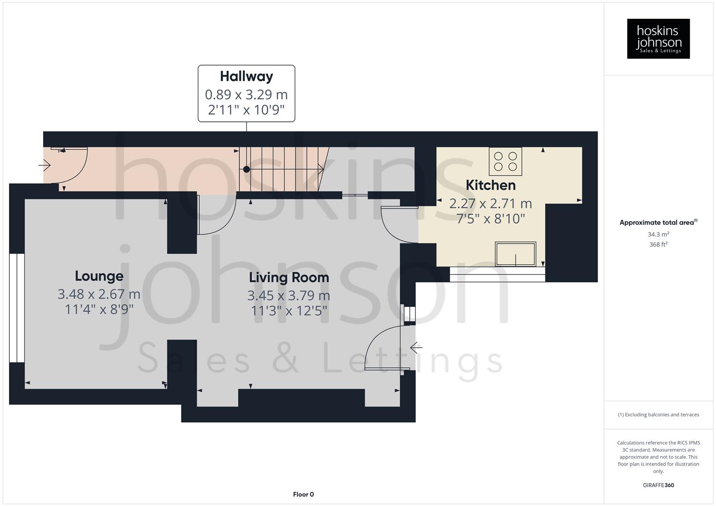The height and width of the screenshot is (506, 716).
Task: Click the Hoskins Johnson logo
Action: [x=658, y=39]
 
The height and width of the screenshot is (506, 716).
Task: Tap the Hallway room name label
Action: [x=246, y=76]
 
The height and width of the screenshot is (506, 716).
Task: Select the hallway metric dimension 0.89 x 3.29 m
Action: [x=246, y=95]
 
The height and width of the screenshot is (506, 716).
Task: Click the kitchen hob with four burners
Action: [x=505, y=161]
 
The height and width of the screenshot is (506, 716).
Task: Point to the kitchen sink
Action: [x=515, y=254]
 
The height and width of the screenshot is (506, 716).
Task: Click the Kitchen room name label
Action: [x=490, y=185]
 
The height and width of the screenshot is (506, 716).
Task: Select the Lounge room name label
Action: [x=99, y=276]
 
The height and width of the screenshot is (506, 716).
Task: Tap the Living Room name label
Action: [x=288, y=277]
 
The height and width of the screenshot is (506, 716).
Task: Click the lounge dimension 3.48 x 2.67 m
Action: [x=99, y=294]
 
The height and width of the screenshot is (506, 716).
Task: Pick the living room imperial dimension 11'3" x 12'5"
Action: [x=288, y=311]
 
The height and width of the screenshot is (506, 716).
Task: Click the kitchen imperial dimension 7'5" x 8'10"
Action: [x=490, y=218]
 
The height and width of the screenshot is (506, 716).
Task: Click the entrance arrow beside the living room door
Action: [x=416, y=348]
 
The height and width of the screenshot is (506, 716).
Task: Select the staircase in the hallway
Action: [x=281, y=169]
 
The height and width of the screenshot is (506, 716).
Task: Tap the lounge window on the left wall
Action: [x=17, y=308]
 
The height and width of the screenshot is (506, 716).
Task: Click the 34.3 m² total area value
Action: [x=658, y=234]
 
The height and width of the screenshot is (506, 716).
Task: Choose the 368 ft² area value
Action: [x=658, y=245]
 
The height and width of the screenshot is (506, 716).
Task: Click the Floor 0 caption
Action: [x=303, y=494]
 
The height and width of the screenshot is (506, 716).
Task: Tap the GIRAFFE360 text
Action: [x=658, y=485]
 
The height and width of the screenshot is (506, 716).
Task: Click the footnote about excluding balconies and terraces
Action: [x=658, y=415]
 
